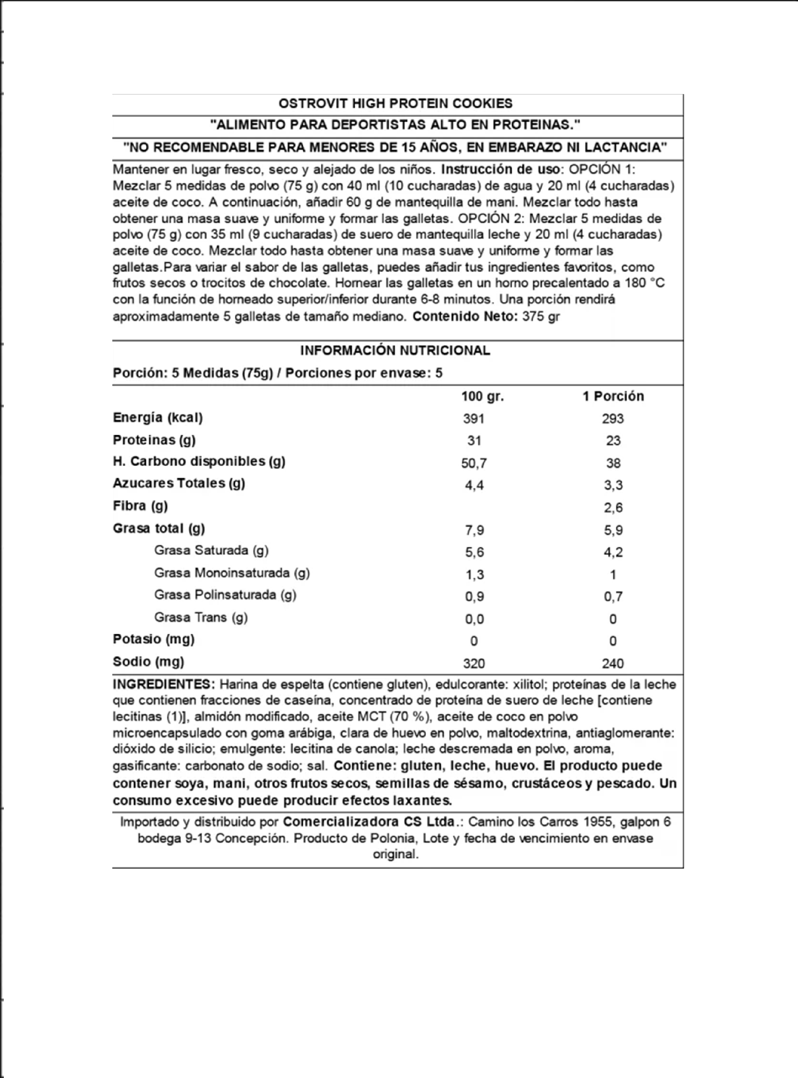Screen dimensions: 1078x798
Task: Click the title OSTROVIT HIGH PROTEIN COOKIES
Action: tap(395, 104)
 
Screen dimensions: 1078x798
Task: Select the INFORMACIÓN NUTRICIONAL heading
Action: tap(395, 350)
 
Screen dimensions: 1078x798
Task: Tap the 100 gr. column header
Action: tap(482, 396)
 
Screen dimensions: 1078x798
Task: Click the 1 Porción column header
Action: tap(613, 396)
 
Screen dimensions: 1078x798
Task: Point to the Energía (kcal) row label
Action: tap(158, 418)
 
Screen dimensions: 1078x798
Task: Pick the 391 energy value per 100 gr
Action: tap(474, 419)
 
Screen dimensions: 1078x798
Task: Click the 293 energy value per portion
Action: tap(613, 419)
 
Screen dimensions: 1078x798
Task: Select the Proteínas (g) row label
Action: tap(154, 440)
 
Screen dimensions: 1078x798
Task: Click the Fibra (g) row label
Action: tap(140, 506)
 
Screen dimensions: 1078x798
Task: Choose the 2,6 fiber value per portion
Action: tap(613, 508)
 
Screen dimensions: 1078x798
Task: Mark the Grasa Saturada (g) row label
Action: tap(211, 550)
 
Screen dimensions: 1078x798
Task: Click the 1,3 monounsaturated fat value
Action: tap(474, 574)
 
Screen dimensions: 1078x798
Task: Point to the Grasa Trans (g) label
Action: tap(201, 617)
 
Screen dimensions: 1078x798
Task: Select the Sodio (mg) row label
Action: tap(148, 662)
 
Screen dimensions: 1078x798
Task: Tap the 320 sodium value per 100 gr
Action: tap(474, 663)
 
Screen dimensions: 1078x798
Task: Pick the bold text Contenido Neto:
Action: tap(466, 316)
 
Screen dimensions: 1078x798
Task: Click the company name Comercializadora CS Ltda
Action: tap(370, 822)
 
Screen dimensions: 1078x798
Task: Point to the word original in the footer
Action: tap(395, 854)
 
